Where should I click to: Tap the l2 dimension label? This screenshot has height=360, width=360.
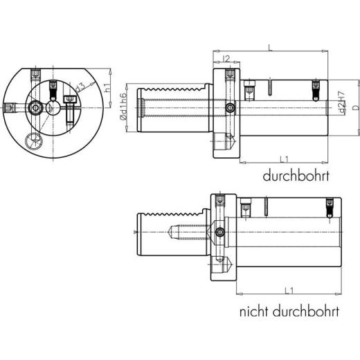coord(226,57)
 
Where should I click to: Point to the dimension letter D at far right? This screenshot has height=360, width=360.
coord(354,107)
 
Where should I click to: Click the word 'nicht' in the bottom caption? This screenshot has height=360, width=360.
coord(254,312)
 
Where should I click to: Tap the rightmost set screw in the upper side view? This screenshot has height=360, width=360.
coord(316,88)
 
